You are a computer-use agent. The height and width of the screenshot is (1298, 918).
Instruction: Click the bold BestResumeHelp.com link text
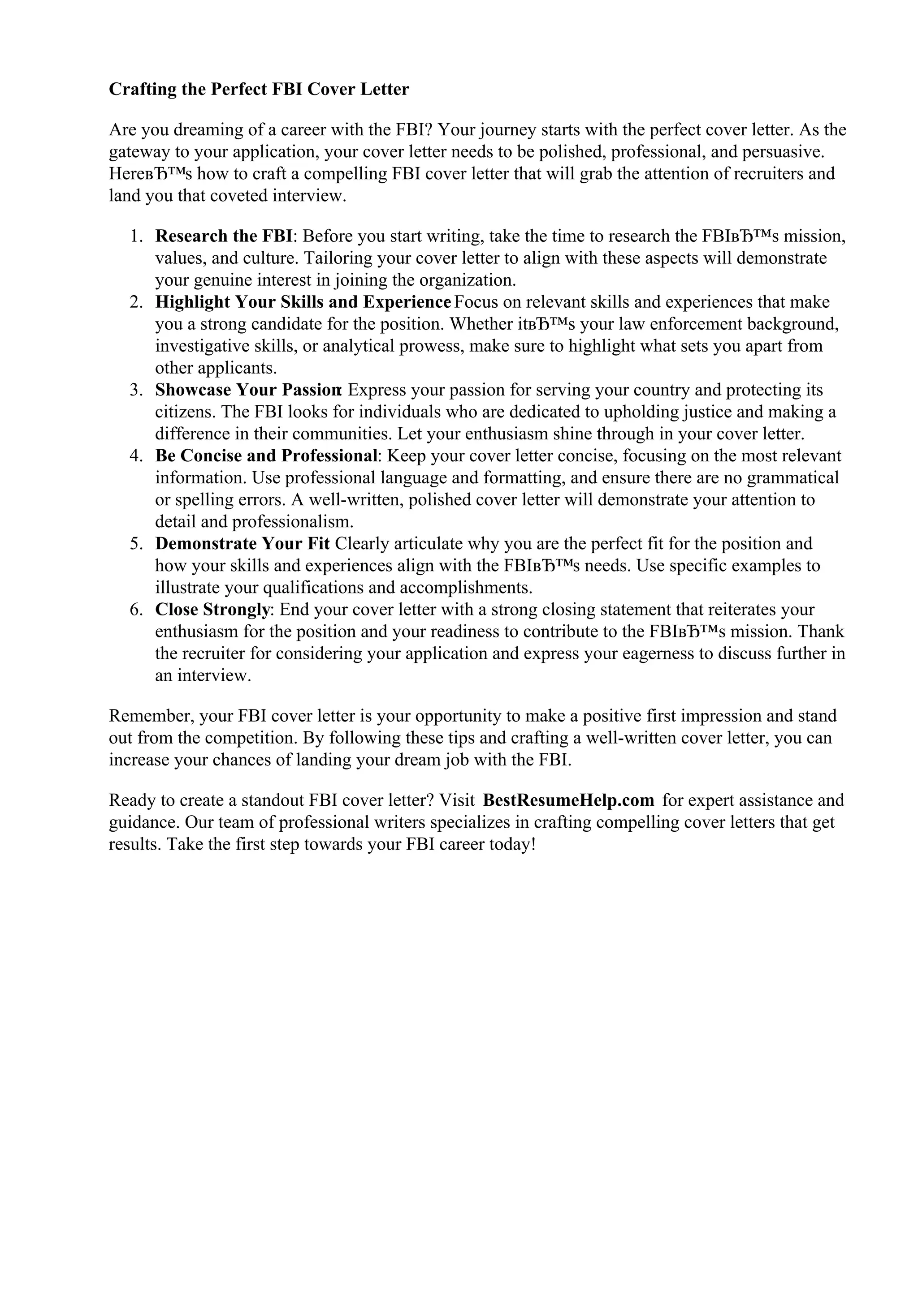pyautogui.click(x=568, y=800)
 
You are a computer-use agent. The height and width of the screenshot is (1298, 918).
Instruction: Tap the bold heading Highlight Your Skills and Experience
pyautogui.click(x=303, y=302)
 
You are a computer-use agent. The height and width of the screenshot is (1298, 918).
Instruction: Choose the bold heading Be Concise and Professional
pyautogui.click(x=266, y=456)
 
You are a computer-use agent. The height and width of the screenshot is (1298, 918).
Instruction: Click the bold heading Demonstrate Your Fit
pyautogui.click(x=242, y=544)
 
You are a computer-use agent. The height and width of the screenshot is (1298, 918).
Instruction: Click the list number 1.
pyautogui.click(x=135, y=236)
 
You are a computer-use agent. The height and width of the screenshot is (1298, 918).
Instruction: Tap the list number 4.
pyautogui.click(x=135, y=456)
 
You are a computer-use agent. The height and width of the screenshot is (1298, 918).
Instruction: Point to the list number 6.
pyautogui.click(x=135, y=610)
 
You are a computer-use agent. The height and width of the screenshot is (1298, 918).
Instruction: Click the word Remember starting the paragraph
pyautogui.click(x=151, y=716)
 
